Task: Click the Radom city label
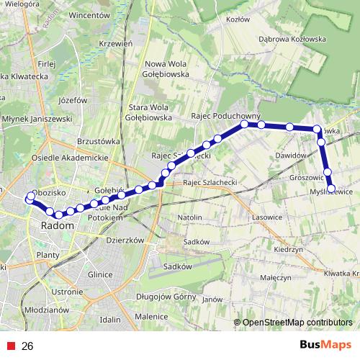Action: click(x=58, y=225)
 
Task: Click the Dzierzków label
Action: click(x=126, y=240)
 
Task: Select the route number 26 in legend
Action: click(x=28, y=346)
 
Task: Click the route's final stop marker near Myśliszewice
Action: click(x=331, y=189)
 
